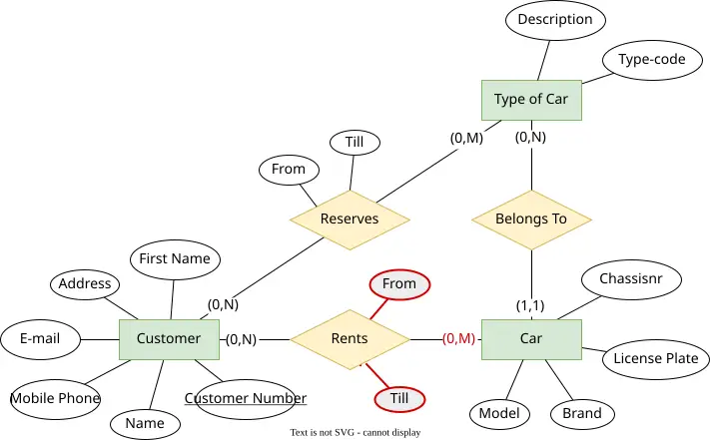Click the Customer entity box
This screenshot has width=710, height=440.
170,339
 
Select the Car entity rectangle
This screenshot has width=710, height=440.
531,339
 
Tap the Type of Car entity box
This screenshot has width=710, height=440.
531,100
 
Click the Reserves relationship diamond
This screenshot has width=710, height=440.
351,220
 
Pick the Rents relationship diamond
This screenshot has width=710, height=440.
351,339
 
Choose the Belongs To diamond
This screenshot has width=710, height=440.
531,220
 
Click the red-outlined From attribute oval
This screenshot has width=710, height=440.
399,285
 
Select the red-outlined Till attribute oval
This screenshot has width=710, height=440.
399,399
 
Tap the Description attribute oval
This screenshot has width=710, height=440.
555,20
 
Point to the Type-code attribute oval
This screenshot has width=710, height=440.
652,60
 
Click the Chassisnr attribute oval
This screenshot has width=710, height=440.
631,279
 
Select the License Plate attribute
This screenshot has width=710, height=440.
656,359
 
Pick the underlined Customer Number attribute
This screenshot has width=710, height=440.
246,399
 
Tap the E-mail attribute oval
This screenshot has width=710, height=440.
40,339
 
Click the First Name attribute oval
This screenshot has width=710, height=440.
175,259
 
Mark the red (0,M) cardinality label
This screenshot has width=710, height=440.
458,338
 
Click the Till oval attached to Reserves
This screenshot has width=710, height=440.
355,143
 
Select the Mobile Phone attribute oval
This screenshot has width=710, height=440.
55,399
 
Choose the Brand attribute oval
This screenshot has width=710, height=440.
582,414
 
